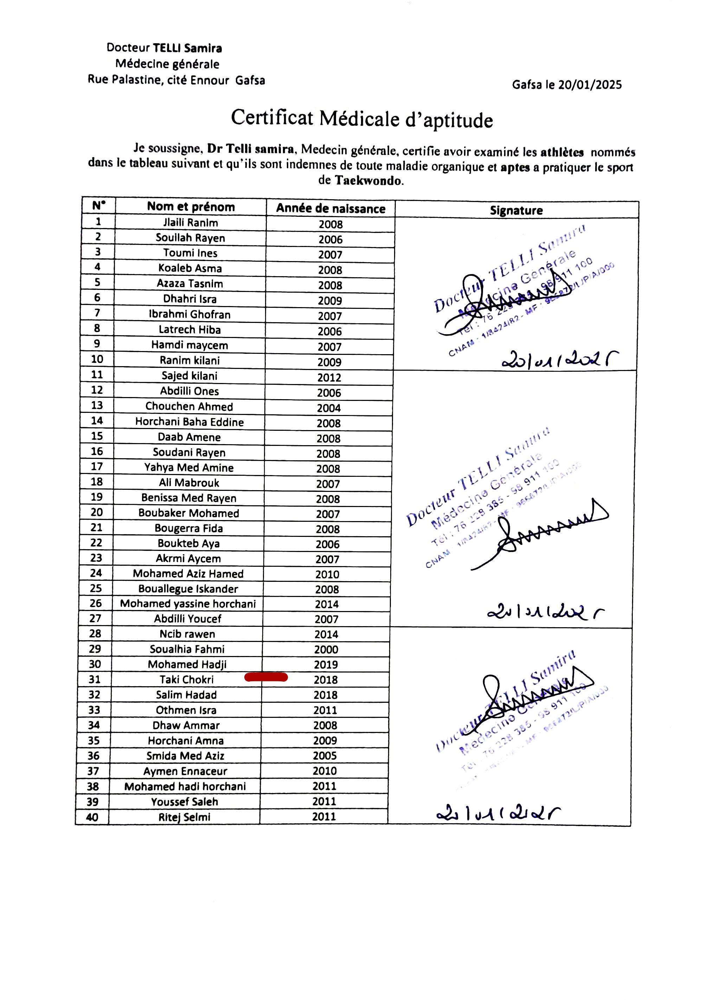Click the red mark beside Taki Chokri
pyautogui.click(x=266, y=677)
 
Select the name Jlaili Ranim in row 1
pyautogui.click(x=191, y=223)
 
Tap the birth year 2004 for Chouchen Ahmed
pyautogui.click(x=329, y=408)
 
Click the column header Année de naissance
pyautogui.click(x=330, y=209)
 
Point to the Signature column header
pyautogui.click(x=516, y=210)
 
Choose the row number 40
pyautogui.click(x=92, y=817)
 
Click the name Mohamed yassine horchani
pyautogui.click(x=188, y=604)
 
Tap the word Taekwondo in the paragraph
pyautogui.click(x=368, y=180)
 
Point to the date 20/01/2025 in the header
pyautogui.click(x=590, y=85)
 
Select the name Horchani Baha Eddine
pyautogui.click(x=189, y=422)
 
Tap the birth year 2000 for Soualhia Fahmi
pyautogui.click(x=326, y=649)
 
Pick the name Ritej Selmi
pyautogui.click(x=185, y=817)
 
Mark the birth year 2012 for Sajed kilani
pyautogui.click(x=329, y=377)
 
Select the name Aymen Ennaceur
pyautogui.click(x=185, y=771)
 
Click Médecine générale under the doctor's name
pyautogui.click(x=167, y=64)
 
